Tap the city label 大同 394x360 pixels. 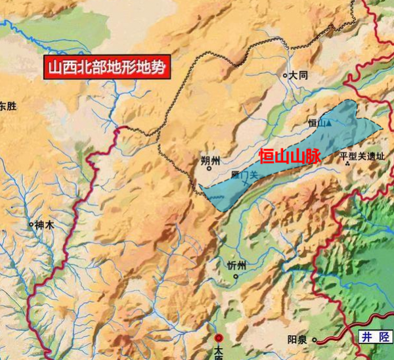[x=299, y=76]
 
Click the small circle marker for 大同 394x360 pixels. [x=285, y=76]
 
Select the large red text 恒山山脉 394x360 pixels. [x=289, y=156]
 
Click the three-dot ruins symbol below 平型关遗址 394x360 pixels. [x=347, y=164]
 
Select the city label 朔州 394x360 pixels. [x=211, y=160]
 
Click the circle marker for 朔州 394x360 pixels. [x=209, y=168]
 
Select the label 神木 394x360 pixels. [x=44, y=225]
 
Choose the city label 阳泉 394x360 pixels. [x=298, y=340]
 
